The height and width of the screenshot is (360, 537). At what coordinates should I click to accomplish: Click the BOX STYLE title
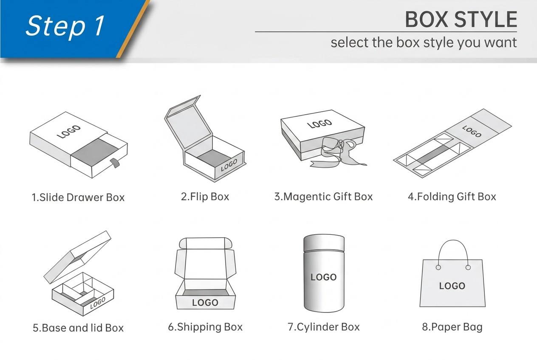461,20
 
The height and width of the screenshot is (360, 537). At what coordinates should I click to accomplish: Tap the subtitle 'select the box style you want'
424,43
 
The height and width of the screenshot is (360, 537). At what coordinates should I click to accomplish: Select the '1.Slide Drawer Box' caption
78,197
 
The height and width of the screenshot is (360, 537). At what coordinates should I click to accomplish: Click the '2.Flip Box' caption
205,197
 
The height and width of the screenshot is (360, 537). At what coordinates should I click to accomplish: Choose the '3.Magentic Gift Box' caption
323,197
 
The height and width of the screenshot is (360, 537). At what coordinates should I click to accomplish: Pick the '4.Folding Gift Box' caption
452,197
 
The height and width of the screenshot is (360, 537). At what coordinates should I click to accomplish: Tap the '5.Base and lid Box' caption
78,328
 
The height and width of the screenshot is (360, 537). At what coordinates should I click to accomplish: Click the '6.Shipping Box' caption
205,327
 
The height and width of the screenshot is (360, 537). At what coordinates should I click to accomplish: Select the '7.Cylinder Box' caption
324,327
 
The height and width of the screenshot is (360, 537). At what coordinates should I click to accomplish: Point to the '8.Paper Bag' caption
452,327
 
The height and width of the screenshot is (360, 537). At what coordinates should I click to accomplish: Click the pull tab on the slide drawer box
115,163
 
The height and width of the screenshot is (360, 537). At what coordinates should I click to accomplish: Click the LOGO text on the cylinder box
324,277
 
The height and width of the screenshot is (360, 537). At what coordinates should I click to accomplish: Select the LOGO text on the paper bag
452,286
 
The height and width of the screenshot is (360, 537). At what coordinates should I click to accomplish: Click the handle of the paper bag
453,240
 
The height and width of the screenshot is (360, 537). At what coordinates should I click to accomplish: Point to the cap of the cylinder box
324,243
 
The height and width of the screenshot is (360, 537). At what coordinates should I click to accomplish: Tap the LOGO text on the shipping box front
205,303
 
